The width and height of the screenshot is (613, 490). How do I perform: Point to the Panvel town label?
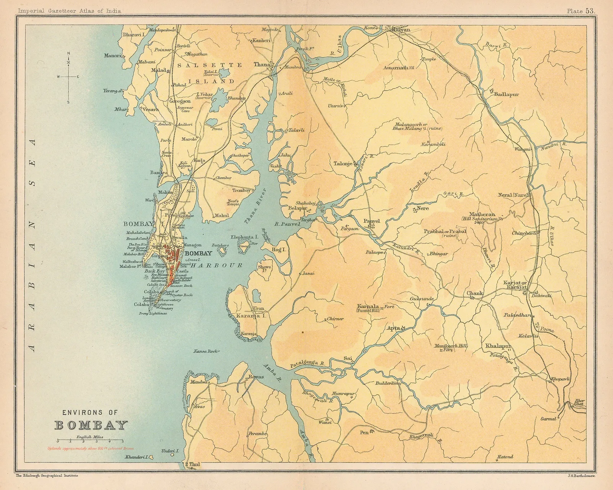point(371,221)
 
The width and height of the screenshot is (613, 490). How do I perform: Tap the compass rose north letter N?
point(69,53)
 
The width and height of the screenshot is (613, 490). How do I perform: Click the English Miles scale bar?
point(90,441)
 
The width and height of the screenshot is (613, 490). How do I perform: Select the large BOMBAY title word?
point(91,425)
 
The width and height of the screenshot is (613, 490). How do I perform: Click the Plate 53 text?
point(581,11)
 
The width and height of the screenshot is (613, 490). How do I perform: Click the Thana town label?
point(262,65)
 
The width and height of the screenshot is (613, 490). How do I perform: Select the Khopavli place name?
point(561,379)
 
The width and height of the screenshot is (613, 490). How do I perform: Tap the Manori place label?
point(112,55)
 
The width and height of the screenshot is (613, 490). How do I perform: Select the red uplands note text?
point(91,448)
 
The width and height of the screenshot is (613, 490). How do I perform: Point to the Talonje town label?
point(343,164)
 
